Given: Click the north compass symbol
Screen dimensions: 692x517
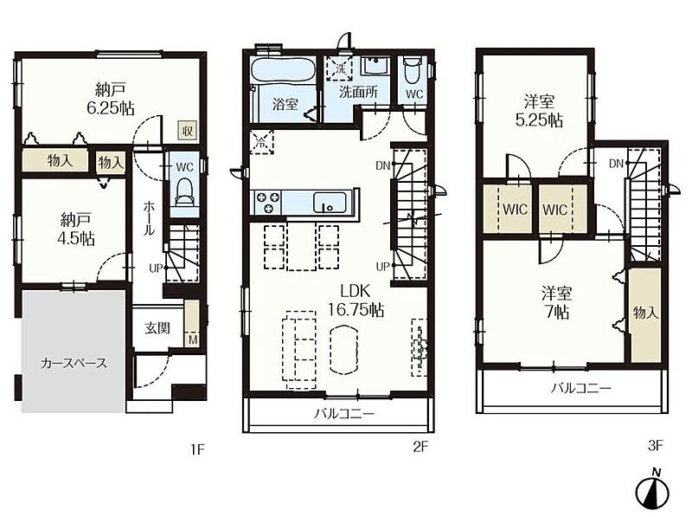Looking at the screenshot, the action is click(652, 490).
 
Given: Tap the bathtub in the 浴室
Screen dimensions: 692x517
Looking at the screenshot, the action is click(283, 70).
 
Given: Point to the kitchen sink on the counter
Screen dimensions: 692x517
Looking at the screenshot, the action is click(330, 203).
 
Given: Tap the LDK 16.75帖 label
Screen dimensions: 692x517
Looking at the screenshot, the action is click(356, 300).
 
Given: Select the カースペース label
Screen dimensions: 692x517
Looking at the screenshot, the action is click(74, 363).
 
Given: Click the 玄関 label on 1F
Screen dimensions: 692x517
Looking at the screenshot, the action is click(157, 328).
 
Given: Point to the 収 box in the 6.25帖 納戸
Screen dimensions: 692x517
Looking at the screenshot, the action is click(187, 131).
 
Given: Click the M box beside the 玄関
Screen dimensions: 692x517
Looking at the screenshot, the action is click(193, 339).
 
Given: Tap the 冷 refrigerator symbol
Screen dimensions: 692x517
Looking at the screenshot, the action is click(262, 142).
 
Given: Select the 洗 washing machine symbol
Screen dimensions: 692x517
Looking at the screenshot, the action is click(340, 68).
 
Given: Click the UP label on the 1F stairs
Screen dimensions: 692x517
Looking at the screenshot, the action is click(156, 268).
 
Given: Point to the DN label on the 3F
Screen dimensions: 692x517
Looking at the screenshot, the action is click(616, 164).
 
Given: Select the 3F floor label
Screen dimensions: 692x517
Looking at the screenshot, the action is click(656, 445).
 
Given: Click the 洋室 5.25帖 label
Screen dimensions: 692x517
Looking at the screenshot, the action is click(539, 111).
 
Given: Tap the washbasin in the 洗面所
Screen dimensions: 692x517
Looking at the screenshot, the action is click(375, 67).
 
